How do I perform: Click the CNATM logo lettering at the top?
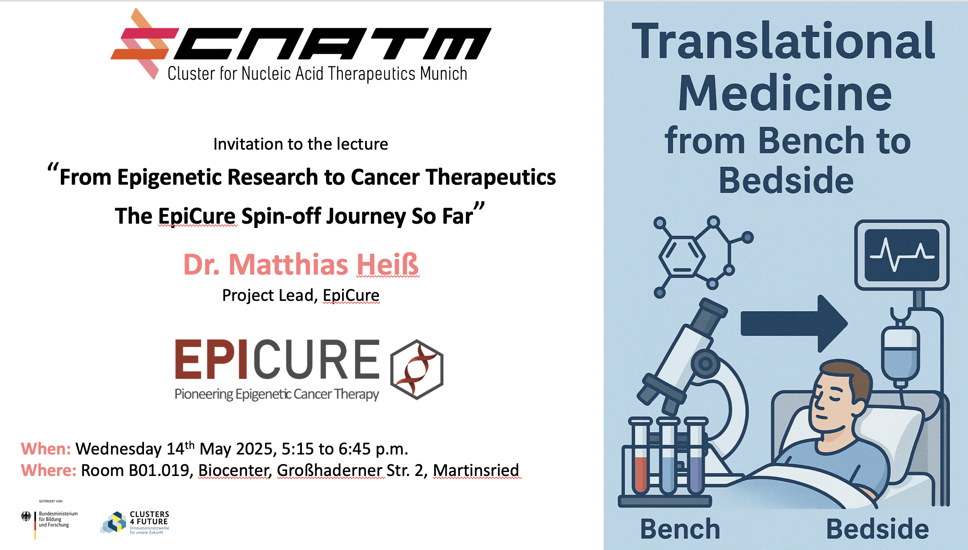pos(332,44)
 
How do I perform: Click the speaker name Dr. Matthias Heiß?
pos(301,264)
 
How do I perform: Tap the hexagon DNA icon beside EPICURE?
pos(417,369)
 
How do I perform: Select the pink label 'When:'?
pos(46,449)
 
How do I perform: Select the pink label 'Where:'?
pos(49,470)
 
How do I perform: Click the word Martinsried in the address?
pos(476,470)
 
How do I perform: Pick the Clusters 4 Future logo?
pos(135,522)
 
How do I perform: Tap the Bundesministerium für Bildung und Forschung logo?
pos(49,520)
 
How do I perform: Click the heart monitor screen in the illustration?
pos(902,255)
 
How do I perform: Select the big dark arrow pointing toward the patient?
pos(794,324)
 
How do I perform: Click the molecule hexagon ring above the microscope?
pos(682,257)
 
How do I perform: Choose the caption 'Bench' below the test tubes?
pos(680,529)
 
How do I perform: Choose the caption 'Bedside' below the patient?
pos(877,529)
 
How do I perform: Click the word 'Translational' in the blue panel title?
pos(783,41)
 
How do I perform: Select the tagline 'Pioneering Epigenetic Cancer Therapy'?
pos(277,394)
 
